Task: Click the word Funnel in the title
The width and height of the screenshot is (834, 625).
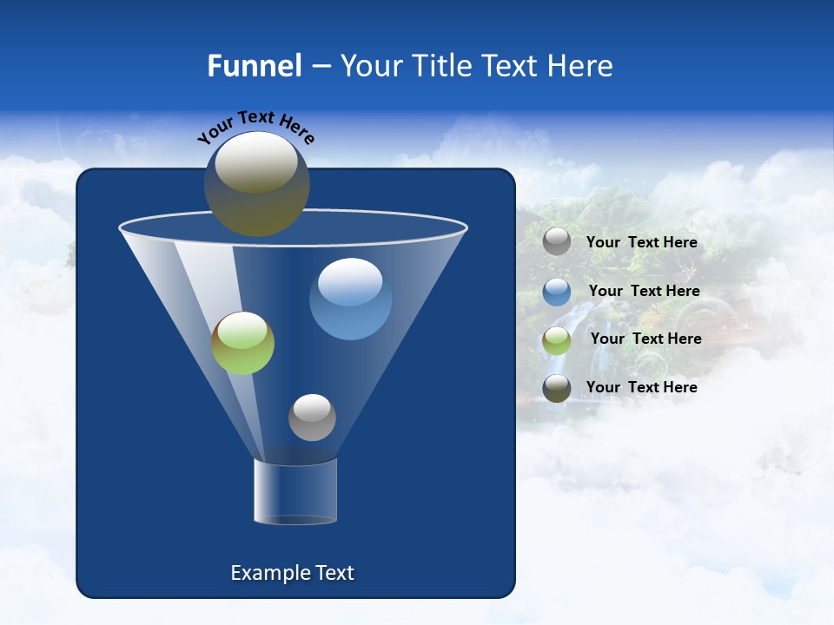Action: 255,66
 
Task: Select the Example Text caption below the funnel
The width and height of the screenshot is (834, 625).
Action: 293,573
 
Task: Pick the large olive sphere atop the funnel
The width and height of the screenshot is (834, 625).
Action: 256,184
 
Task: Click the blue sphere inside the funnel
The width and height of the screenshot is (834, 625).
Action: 350,299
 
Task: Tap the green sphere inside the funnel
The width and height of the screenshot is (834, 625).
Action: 242,344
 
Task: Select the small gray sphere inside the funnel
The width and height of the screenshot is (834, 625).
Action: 312,418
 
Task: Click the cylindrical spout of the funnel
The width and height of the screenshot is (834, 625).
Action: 295,491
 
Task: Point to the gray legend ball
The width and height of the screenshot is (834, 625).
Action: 557,241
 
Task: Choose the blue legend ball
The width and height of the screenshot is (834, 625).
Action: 557,292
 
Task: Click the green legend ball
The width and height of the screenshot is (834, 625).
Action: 557,339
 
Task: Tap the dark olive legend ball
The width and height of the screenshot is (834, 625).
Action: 557,388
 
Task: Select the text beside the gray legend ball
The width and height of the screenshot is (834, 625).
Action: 642,242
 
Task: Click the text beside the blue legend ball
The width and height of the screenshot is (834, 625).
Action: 644,291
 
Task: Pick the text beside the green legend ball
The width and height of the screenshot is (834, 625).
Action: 645,339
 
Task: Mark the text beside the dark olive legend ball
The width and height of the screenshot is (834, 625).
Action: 642,387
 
